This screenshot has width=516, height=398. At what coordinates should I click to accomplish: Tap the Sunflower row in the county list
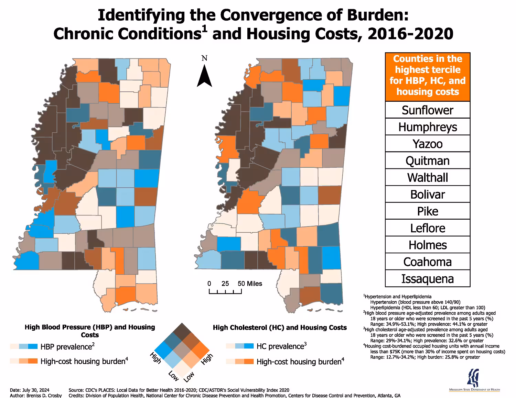coord(428,110)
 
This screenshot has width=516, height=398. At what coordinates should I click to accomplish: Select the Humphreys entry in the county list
coord(428,127)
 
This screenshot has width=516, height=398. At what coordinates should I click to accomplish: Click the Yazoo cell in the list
coord(428,144)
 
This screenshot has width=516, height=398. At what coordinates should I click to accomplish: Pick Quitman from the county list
coord(428,161)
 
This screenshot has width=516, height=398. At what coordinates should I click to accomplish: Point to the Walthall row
coord(428,177)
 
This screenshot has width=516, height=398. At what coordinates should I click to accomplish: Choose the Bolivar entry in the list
coord(428,194)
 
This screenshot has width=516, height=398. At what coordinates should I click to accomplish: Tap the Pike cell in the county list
coord(428,211)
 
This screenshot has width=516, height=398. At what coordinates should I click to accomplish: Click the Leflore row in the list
coord(428,228)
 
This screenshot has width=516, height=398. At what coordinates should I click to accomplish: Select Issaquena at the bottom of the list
coord(428,279)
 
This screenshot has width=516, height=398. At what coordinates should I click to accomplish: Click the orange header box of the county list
coord(428,77)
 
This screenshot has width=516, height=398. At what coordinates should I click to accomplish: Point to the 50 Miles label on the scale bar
coord(250,284)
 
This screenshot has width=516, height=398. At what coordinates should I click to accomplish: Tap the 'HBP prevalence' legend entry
coord(66,347)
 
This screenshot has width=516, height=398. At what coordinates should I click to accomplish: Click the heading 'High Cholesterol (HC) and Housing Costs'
coord(280,328)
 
